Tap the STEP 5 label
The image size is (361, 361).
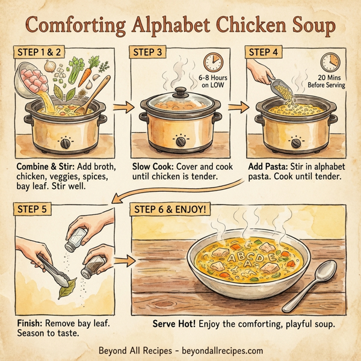pyautogui.click(x=31, y=212)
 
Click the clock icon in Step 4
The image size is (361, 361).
pyautogui.click(x=330, y=62)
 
